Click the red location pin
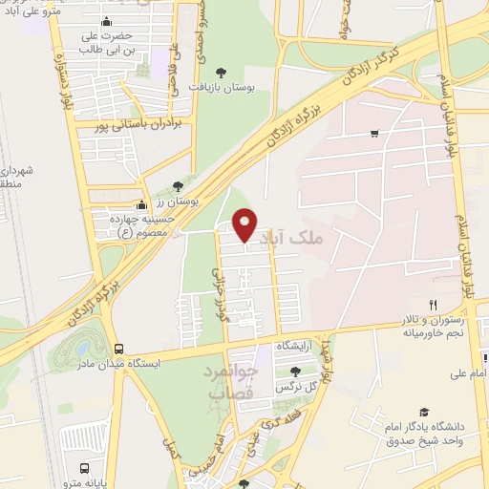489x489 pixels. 245,224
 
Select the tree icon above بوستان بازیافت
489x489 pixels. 221,72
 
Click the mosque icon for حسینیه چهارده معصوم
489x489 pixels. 142,204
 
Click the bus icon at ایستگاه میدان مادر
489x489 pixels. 118,350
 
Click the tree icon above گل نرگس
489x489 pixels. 293,371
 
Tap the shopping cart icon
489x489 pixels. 374,133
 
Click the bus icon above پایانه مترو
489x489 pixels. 85,468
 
